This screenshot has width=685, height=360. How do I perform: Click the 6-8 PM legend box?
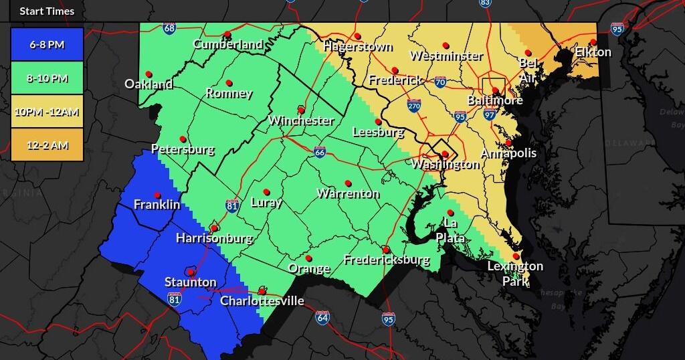tap(47, 45)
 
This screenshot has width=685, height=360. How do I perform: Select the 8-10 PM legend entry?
tap(47, 78)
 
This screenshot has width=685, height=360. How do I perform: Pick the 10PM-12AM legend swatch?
tap(47, 112)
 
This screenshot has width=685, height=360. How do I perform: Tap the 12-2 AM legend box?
tap(47, 145)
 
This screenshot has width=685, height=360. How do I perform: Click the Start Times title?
tap(47, 11)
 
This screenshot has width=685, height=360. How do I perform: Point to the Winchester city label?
tap(301, 120)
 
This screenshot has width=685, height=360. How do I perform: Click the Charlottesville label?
tap(262, 301)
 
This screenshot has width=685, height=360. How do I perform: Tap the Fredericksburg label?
tap(386, 260)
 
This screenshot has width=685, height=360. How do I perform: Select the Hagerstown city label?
tap(357, 47)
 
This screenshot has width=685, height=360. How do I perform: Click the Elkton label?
tap(593, 52)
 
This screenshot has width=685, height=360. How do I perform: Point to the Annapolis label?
tap(508, 153)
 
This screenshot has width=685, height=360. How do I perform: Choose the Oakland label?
tap(149, 84)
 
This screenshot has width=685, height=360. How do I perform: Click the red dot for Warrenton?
tap(348, 183)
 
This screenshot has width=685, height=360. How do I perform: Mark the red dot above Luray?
tap(266, 192)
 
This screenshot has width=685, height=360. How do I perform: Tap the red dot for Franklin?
tap(157, 195)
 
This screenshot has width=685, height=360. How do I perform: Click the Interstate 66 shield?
tap(320, 152)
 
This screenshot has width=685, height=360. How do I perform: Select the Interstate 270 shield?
tap(414, 105)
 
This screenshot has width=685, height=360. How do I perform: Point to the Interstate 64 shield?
tap(322, 317)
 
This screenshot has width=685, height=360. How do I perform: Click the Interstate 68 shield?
tap(169, 29)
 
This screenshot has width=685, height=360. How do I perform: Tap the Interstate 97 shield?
tap(490, 115)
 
